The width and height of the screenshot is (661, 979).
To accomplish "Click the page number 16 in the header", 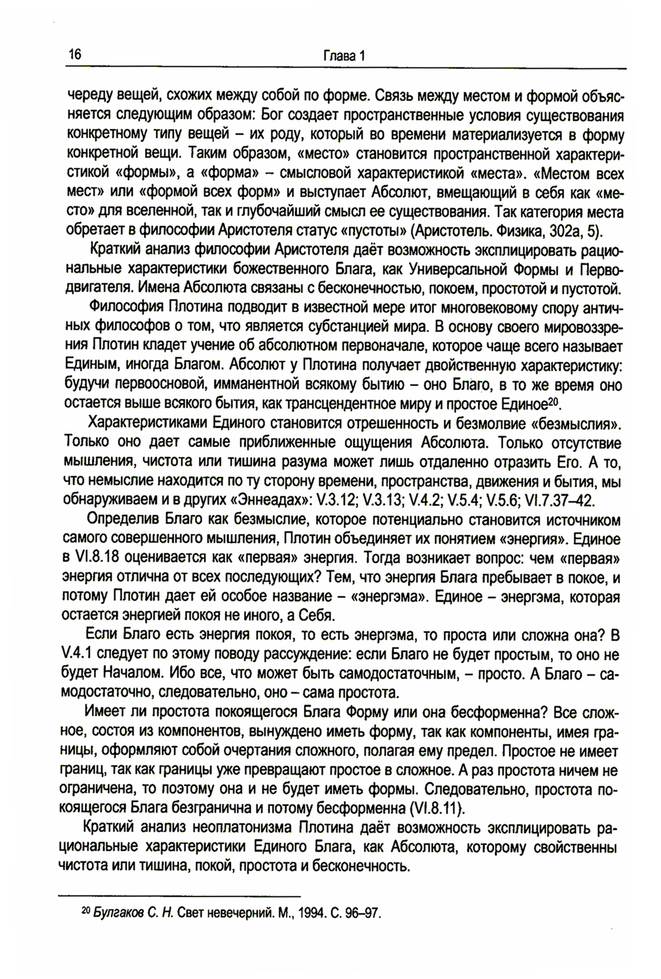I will (x=73, y=56).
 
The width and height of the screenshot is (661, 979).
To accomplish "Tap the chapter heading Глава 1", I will (x=344, y=57).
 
